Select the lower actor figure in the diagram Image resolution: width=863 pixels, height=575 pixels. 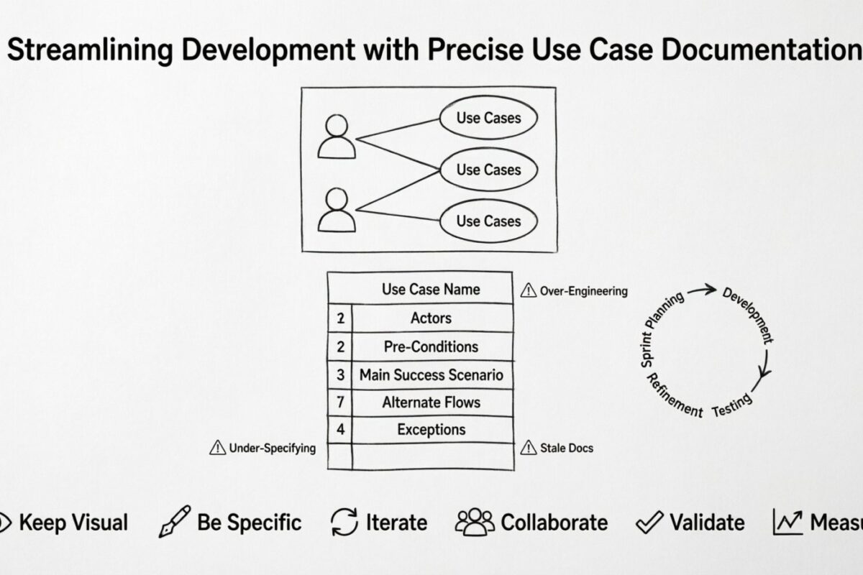[337, 210]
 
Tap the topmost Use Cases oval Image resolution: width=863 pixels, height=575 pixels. [488, 118]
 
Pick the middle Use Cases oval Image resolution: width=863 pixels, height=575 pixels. [488, 170]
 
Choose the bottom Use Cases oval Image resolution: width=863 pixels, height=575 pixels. [488, 221]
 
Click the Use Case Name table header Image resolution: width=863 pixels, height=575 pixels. [431, 290]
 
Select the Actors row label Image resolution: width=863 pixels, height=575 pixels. [431, 318]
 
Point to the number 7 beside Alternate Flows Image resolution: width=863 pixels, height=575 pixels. [340, 402]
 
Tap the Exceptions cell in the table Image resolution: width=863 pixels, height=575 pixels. [431, 430]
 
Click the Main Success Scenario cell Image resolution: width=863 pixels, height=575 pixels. [431, 374]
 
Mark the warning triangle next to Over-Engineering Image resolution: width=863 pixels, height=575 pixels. [528, 291]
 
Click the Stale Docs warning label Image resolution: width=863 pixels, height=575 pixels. [566, 448]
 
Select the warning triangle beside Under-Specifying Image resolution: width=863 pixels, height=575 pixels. [217, 448]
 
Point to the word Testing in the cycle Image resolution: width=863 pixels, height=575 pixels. [732, 405]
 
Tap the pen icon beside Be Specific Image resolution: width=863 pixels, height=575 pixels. [175, 522]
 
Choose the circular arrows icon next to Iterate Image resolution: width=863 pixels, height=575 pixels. [344, 523]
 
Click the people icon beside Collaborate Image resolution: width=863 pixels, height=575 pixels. [475, 522]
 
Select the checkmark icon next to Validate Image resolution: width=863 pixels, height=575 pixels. [650, 523]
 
